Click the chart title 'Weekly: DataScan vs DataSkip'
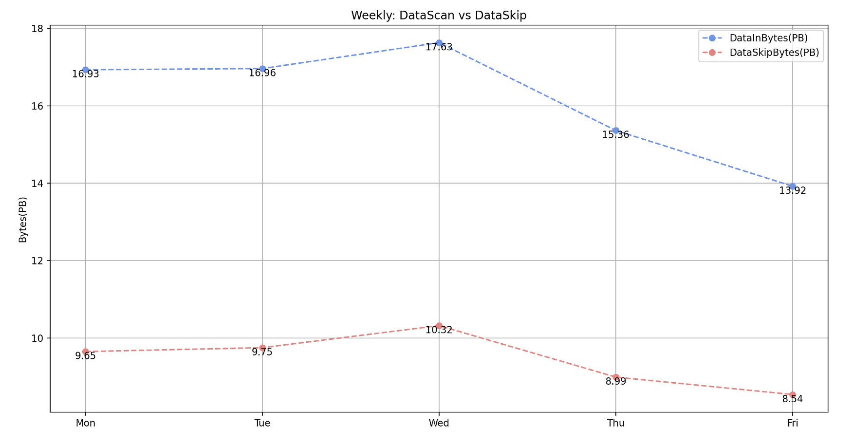click(438, 16)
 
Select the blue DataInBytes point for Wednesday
click(439, 43)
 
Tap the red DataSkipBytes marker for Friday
click(793, 394)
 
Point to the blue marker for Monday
click(86, 70)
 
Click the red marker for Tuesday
click(262, 348)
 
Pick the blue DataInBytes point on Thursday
click(616, 130)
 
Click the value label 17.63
click(439, 48)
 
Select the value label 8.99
click(616, 382)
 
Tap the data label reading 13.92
click(793, 191)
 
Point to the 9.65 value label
click(86, 356)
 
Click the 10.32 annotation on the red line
click(439, 330)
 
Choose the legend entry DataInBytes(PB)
click(768, 38)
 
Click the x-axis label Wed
click(439, 424)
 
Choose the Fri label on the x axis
click(793, 424)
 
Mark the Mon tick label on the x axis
click(86, 424)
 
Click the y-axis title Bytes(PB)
click(22, 220)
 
